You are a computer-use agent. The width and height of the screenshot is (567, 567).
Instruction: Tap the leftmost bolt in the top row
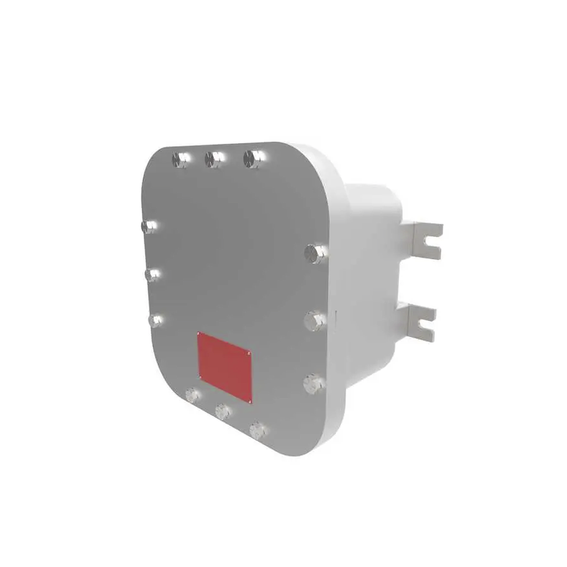pyautogui.click(x=179, y=159)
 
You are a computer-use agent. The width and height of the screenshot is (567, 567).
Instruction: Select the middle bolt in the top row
pyautogui.click(x=213, y=159)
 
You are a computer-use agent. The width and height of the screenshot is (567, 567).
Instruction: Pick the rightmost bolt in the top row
pyautogui.click(x=253, y=159)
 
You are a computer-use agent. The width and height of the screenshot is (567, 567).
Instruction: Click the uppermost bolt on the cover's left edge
pyautogui.click(x=148, y=226)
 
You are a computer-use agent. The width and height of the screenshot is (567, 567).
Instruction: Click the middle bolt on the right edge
pyautogui.click(x=315, y=320)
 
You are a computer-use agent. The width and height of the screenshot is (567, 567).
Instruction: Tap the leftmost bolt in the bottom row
pyautogui.click(x=192, y=395)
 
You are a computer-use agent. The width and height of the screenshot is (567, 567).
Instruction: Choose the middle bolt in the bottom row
pyautogui.click(x=223, y=411)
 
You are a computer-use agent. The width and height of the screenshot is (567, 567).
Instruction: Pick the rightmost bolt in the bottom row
pyautogui.click(x=256, y=430)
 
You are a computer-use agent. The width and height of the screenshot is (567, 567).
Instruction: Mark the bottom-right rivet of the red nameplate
pyautogui.click(x=250, y=400)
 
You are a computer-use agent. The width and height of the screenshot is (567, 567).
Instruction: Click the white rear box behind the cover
pyautogui.click(x=371, y=266)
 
